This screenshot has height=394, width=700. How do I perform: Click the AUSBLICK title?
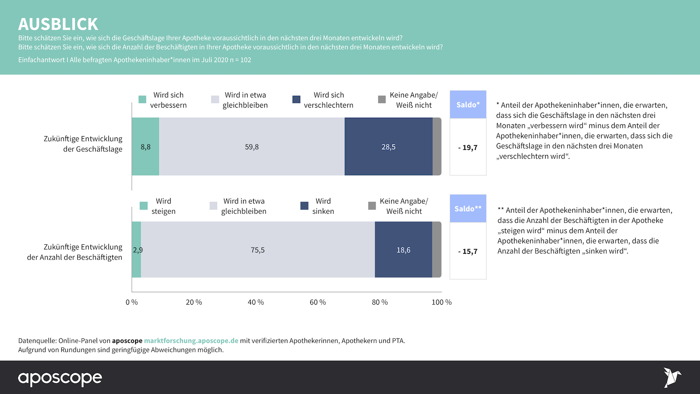coord(58,24)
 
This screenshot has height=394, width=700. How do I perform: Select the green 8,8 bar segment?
coord(146,147)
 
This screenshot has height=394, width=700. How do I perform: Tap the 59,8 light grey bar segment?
coord(252,147)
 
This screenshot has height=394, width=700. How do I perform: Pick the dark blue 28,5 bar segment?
coord(388,147)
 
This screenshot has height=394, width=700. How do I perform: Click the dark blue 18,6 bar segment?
coord(403,250)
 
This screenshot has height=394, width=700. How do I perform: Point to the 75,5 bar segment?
coord(258,250)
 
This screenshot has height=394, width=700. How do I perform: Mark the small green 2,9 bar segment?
coord(136,250)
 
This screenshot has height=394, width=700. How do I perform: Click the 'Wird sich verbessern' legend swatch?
coord(142,99)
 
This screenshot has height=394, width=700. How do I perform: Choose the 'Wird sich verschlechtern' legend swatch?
coord(296,99)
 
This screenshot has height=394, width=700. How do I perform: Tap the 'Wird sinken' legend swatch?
coord(304,206)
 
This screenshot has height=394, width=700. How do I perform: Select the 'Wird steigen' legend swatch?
coord(143,206)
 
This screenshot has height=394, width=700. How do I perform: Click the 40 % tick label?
coord(256,302)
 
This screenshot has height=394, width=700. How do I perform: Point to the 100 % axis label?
coord(441,302)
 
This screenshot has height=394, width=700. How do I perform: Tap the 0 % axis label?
coord(132,302)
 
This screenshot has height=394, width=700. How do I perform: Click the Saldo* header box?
coord(468,105)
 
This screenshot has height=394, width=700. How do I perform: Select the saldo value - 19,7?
coord(468,148)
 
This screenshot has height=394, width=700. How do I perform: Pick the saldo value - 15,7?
coord(468,251)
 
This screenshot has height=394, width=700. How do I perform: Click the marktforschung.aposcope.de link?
coord(191,341)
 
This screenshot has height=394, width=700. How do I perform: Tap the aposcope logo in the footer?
coord(60,378)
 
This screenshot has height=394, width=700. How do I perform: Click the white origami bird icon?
coord(672,377)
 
